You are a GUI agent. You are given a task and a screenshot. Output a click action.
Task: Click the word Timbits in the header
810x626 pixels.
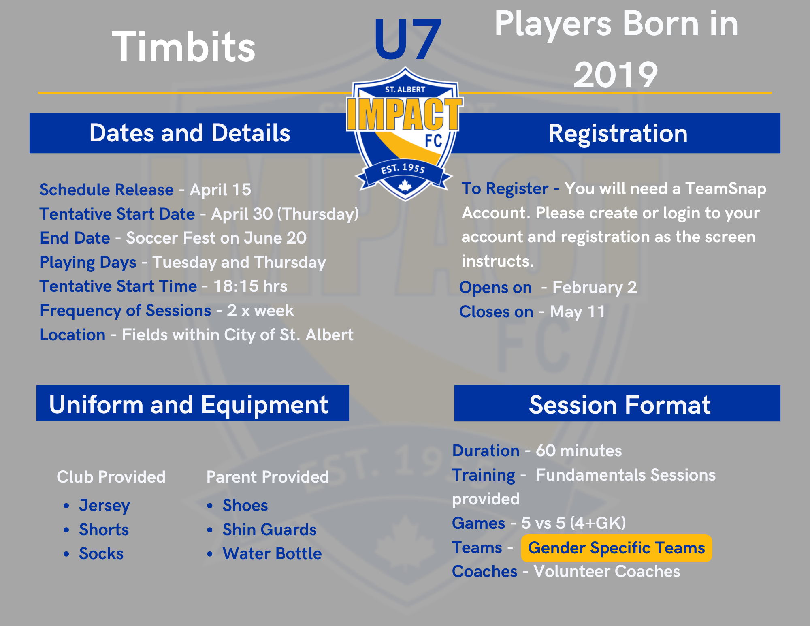click(x=183, y=47)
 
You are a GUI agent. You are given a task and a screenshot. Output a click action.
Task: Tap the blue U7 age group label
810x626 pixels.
click(x=407, y=39)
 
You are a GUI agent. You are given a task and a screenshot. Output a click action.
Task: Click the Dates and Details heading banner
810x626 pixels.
click(x=190, y=133)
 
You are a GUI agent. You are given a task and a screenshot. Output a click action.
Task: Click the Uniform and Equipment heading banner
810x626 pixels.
click(x=193, y=403)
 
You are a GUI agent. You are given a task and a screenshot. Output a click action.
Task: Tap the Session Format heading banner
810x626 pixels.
click(x=617, y=403)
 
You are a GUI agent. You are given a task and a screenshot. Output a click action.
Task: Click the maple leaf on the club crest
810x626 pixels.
click(x=405, y=186)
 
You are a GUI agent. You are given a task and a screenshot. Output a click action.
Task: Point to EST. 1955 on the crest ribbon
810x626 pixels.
click(x=403, y=168)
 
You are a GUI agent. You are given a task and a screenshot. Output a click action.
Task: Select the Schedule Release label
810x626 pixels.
click(x=107, y=190)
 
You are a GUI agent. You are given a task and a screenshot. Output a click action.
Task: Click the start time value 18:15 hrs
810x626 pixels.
click(x=250, y=286)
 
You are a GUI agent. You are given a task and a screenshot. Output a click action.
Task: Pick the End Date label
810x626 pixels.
click(x=75, y=238)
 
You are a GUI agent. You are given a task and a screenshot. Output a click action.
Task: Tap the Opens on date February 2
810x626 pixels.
click(x=595, y=287)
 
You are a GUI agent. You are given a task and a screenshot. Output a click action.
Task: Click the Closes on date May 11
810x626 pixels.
click(x=578, y=312)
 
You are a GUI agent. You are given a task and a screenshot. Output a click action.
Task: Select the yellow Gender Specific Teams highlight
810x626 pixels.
click(x=616, y=548)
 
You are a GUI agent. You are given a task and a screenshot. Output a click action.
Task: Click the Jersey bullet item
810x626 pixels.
click(x=104, y=505)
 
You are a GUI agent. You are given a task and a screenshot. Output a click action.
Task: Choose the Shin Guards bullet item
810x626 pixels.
click(x=269, y=530)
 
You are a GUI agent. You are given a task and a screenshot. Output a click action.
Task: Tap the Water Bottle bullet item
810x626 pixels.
click(x=272, y=553)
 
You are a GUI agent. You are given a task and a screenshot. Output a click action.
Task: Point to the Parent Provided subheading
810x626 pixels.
click(x=268, y=477)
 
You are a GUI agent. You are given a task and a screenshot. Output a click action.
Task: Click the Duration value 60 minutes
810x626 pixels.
click(x=579, y=451)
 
